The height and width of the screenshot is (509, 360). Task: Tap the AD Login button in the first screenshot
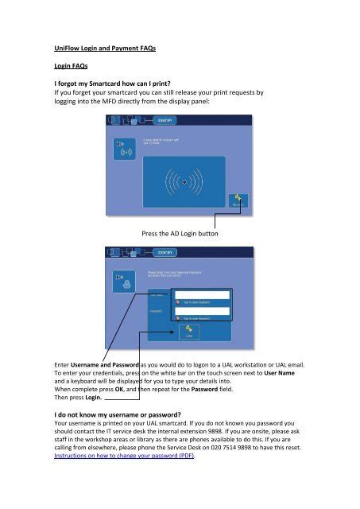[x=238, y=203]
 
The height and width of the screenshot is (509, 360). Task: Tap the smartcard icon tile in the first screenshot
[x=124, y=150]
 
